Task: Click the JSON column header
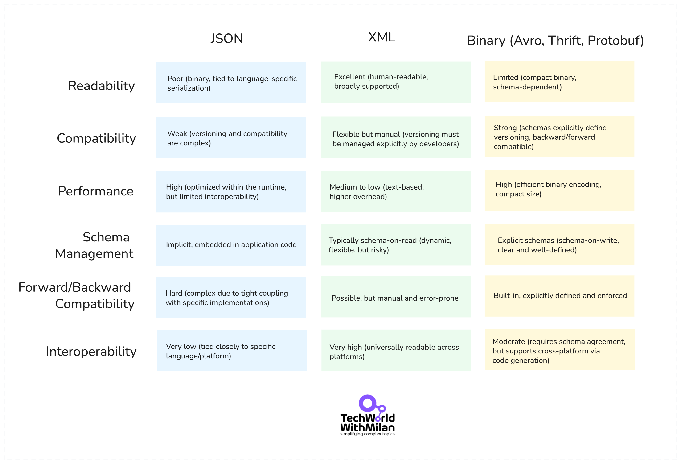coord(226,38)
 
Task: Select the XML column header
coord(382,37)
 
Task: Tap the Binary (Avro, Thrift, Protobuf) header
coord(555,41)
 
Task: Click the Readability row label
coord(101,86)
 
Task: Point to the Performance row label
coord(95,191)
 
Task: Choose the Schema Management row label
coord(94,245)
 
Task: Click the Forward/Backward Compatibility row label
coord(76,295)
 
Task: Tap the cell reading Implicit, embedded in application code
coord(231,245)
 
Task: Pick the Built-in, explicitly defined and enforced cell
coord(559,296)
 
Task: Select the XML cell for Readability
coord(396,82)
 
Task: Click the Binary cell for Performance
coord(559,191)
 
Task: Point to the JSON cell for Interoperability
coord(231,351)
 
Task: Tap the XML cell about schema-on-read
coord(396,245)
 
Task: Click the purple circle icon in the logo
coord(367,404)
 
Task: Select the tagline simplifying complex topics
coord(367,434)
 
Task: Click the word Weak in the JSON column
coord(177,134)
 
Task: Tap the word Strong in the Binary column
coord(505,128)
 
